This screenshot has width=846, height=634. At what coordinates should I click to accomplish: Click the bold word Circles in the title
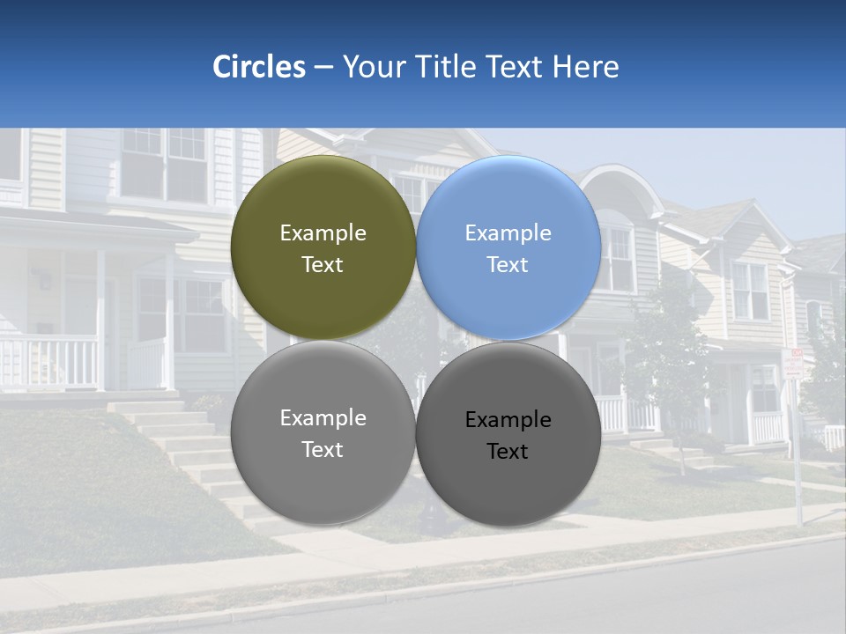tap(259, 67)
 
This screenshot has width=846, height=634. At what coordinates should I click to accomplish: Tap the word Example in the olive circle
tap(323, 233)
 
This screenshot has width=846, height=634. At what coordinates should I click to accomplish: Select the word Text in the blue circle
tap(508, 265)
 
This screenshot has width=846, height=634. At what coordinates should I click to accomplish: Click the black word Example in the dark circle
tap(508, 420)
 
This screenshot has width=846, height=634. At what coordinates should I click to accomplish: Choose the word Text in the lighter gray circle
tap(323, 450)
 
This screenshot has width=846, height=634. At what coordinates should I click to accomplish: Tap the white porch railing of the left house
tap(48, 361)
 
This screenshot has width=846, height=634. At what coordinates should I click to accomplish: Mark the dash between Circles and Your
tap(323, 68)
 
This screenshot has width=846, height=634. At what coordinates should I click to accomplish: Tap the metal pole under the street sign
tap(798, 458)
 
